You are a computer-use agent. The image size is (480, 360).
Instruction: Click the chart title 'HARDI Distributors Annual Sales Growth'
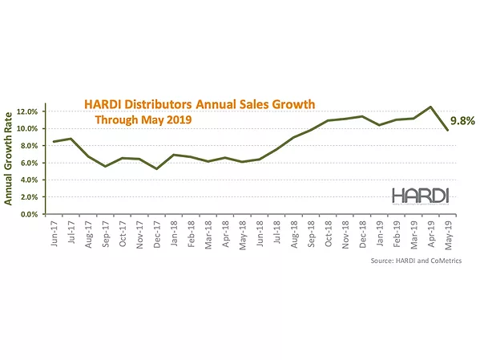[200, 105]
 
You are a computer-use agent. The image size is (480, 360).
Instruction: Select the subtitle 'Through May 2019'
[143, 121]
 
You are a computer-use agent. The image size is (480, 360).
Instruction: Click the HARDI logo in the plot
[419, 195]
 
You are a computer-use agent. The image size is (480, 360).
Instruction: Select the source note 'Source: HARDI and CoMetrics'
[420, 261]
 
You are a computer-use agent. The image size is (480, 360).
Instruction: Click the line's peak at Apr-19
[431, 107]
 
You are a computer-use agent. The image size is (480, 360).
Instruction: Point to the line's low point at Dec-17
[158, 168]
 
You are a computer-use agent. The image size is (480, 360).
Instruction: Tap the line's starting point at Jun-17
[54, 142]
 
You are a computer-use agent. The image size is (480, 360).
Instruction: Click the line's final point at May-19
[449, 130]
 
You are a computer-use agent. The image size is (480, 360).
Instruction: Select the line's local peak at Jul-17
[71, 139]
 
